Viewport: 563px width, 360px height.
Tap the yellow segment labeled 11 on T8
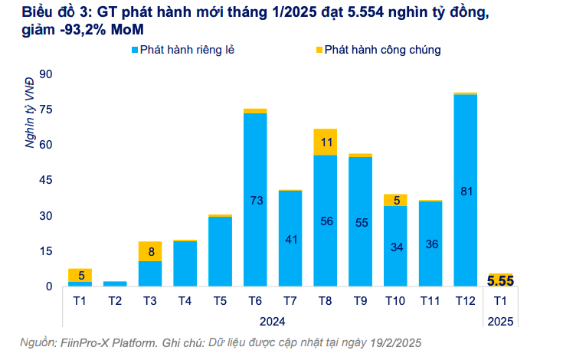326,142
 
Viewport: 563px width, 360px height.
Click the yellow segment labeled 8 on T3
150,251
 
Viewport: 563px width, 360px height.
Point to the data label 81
465,191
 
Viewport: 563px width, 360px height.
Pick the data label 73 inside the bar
255,200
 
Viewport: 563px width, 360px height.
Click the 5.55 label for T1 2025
499,280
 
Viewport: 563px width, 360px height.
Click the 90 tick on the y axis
45,74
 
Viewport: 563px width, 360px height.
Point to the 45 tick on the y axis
45,180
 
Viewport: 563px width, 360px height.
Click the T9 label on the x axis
360,301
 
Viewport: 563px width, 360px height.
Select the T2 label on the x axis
116,301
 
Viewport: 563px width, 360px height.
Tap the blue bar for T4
185,263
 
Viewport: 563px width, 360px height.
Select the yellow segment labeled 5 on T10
395,200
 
